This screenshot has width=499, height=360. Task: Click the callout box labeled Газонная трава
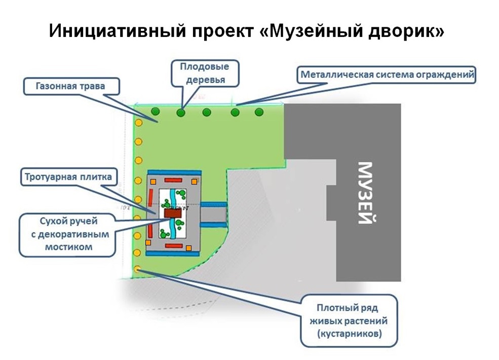(71, 86)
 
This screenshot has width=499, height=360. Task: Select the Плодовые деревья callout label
(205, 74)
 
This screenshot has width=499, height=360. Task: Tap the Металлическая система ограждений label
(387, 75)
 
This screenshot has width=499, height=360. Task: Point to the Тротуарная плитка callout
(68, 177)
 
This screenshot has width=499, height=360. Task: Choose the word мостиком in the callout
(68, 247)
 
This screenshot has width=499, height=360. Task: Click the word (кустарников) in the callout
(349, 334)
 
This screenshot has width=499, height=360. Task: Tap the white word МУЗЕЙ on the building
(365, 193)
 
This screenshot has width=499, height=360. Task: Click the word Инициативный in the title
(117, 31)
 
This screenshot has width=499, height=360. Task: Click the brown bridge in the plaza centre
(173, 213)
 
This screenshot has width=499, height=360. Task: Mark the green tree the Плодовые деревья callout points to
(181, 113)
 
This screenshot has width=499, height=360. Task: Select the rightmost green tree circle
(259, 112)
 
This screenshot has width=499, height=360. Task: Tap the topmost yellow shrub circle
(138, 123)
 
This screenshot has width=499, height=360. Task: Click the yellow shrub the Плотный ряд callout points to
(137, 269)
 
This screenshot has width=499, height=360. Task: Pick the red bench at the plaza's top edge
(173, 181)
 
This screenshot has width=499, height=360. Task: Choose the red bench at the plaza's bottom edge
(174, 246)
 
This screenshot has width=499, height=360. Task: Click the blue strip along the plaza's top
(174, 172)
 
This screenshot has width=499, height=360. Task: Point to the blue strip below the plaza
(172, 254)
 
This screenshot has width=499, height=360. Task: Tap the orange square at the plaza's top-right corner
(194, 182)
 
